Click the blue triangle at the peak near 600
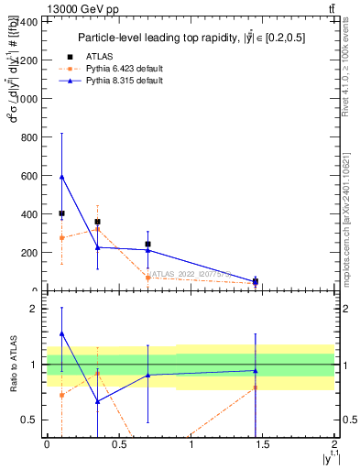pyautogui.click(x=61, y=177)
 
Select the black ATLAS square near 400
pyautogui.click(x=61, y=213)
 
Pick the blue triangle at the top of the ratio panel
pyautogui.click(x=61, y=334)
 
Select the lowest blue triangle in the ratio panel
pyautogui.click(x=97, y=401)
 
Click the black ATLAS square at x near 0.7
pyautogui.click(x=147, y=245)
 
